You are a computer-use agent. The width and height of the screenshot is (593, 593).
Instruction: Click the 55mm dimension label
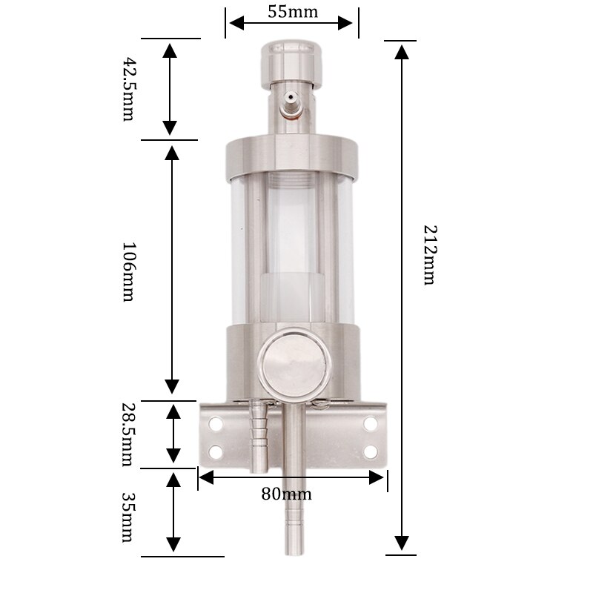pyautogui.click(x=292, y=11)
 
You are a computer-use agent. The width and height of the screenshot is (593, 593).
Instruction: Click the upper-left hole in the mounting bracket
pyautogui.click(x=216, y=425)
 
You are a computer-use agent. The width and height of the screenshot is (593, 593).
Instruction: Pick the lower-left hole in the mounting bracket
pyautogui.click(x=216, y=451)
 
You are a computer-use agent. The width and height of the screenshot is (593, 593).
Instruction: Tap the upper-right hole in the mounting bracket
pyautogui.click(x=370, y=425)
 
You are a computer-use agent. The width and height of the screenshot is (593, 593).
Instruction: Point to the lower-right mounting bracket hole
pyautogui.click(x=370, y=451)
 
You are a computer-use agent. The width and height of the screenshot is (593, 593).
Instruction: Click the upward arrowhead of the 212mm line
pyautogui.click(x=402, y=50)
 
